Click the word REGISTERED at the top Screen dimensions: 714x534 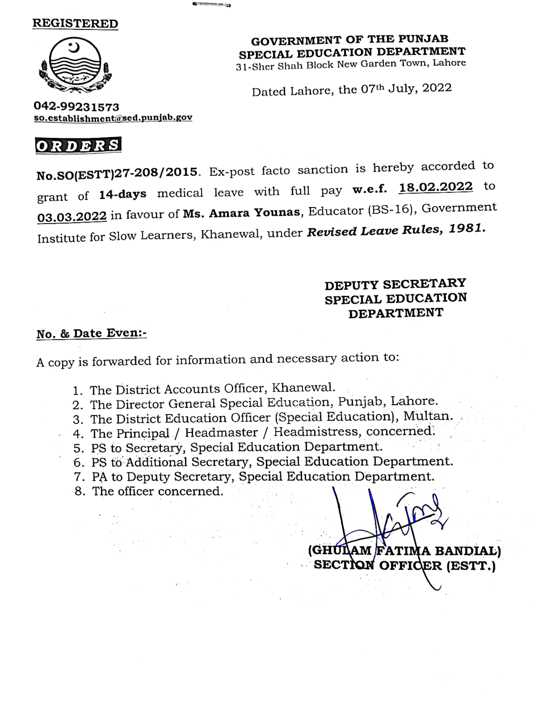75,23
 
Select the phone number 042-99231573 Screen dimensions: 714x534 77,107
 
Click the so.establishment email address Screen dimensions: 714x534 113,118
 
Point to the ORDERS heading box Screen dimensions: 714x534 78,145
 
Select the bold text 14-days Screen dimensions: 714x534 122,194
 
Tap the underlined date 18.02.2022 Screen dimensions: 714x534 436,187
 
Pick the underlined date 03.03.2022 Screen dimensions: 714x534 72,216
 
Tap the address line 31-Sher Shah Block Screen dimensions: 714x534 351,65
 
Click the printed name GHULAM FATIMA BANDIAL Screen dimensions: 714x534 404,550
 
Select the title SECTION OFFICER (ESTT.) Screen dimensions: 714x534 404,565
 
